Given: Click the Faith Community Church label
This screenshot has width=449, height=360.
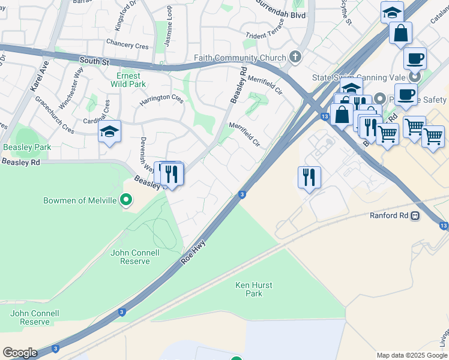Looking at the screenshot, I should [239, 58].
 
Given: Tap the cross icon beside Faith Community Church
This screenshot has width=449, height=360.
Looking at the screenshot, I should [295, 58].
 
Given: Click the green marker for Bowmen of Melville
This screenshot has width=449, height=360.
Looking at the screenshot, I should [126, 200].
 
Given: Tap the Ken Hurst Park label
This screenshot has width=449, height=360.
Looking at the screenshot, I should [249, 289].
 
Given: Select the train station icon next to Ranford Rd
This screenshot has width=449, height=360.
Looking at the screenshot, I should [415, 216].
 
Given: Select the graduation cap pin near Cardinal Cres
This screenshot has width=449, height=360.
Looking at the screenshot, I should [109, 132].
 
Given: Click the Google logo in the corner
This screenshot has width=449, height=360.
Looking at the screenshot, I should [20, 353].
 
